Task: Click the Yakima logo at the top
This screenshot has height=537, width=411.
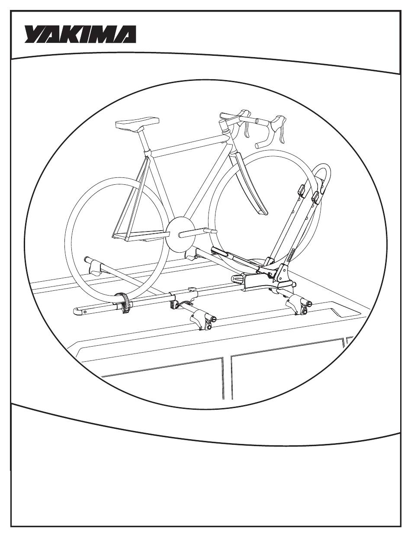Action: pos(80,34)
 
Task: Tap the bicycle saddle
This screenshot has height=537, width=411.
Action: pos(137,123)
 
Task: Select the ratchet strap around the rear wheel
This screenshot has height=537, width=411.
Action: pos(125,303)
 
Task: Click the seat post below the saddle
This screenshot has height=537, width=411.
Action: pos(144,141)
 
